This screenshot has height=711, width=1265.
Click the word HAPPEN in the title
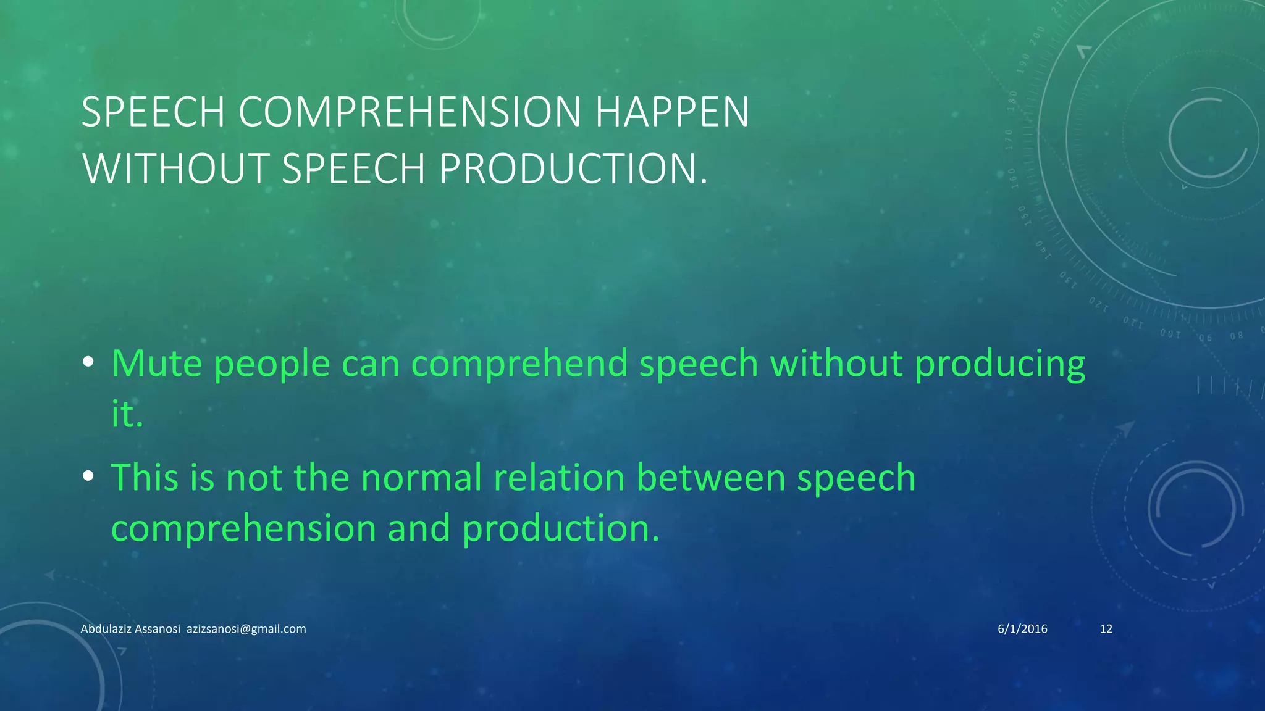672,112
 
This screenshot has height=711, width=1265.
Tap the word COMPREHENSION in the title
410,112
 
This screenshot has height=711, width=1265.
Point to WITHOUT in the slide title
175,168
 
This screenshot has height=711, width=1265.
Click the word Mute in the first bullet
156,363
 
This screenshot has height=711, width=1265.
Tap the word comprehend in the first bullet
519,363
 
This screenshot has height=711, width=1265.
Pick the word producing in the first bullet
999,364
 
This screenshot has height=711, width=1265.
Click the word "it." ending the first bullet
127,414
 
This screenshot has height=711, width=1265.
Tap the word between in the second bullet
710,478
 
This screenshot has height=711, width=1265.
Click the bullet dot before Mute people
88,362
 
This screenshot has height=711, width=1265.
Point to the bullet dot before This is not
88,476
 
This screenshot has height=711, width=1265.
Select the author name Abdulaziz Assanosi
130,629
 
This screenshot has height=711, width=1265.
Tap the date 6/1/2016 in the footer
1022,629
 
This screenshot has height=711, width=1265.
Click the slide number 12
1106,629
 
